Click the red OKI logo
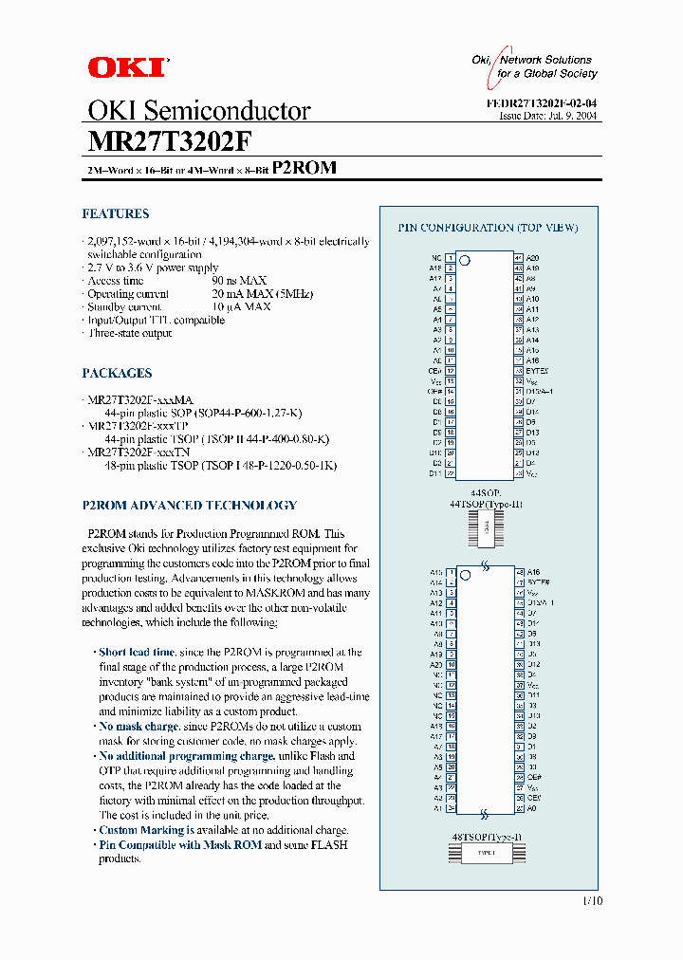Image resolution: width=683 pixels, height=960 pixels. click(126, 66)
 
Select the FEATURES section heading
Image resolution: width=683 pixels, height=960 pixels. click(115, 214)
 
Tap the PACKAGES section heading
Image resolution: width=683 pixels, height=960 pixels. click(117, 374)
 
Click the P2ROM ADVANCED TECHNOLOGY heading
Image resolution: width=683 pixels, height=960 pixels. click(189, 506)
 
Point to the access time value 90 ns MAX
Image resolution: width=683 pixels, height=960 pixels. click(239, 281)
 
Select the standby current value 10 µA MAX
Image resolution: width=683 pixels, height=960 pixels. click(242, 307)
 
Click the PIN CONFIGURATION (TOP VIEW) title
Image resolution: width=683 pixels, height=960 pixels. click(488, 228)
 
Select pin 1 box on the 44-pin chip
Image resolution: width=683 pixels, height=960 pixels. click(450, 258)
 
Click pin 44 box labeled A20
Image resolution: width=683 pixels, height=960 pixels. click(519, 258)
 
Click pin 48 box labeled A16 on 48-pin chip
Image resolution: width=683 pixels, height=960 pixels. click(520, 572)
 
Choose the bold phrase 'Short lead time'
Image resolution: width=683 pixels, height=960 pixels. click(137, 653)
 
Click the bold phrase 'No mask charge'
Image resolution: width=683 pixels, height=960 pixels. click(138, 727)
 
